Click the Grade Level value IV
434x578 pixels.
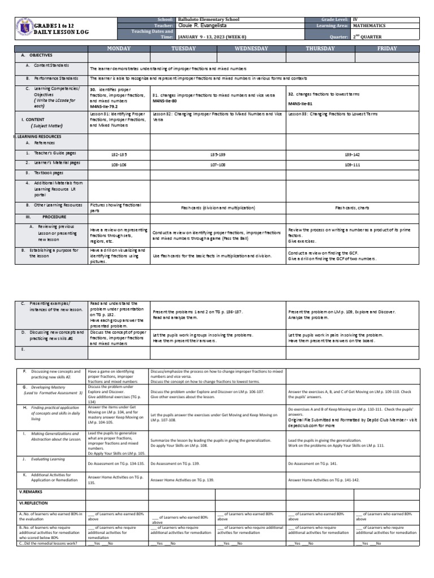click(x=356, y=19)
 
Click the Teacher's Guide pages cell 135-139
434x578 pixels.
click(x=218, y=154)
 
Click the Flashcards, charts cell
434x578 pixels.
click(x=353, y=208)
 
